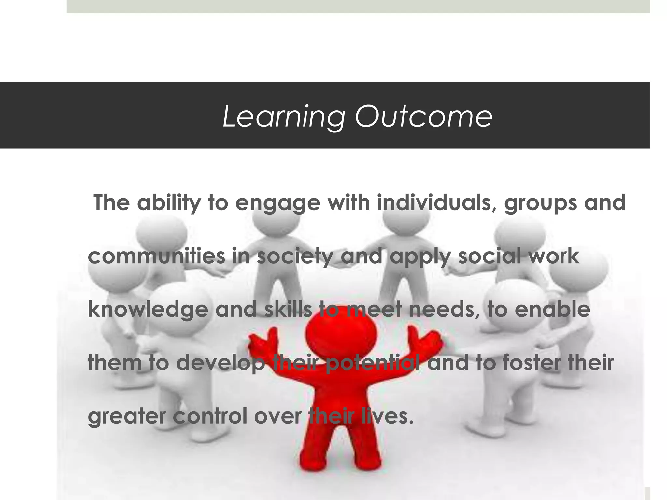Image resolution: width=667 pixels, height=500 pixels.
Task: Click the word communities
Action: point(156,256)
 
